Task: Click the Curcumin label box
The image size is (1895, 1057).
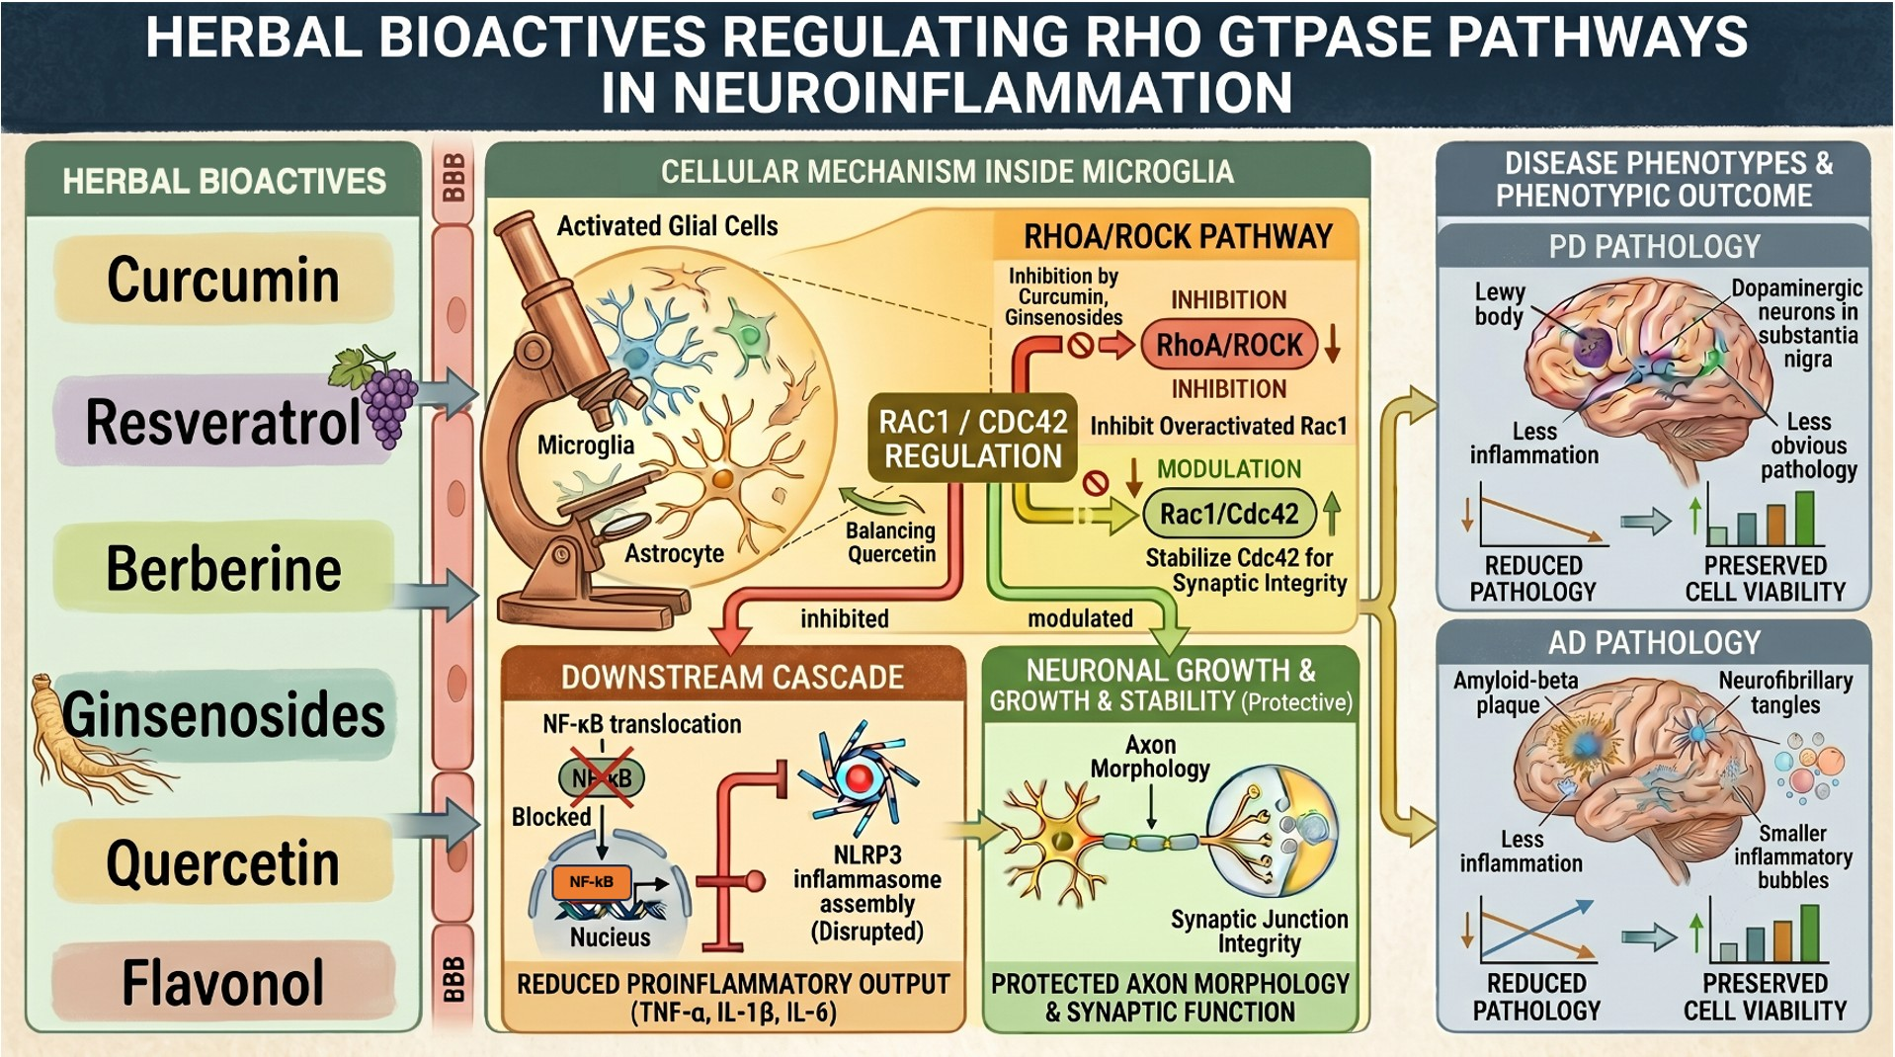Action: tap(223, 280)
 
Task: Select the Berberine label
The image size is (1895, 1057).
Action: tap(223, 568)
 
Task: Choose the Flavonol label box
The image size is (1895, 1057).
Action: tap(223, 983)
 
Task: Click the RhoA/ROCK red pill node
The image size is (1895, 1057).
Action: tap(1229, 345)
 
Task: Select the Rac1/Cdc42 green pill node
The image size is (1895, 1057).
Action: tap(1229, 514)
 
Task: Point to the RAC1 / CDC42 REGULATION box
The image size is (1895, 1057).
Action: tap(973, 439)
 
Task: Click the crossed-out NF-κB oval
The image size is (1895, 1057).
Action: tap(602, 778)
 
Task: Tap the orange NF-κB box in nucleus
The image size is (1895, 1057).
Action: tap(591, 881)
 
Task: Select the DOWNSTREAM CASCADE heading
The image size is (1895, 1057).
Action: tap(732, 677)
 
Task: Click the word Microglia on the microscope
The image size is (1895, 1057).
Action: tap(585, 446)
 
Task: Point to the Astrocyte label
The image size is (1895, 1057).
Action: tap(674, 553)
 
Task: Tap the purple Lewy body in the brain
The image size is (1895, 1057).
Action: tap(1591, 347)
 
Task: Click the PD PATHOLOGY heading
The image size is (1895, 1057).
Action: tap(1654, 246)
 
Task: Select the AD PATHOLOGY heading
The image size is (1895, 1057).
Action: tap(1654, 643)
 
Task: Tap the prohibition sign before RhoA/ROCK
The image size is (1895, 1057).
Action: tap(1080, 346)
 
